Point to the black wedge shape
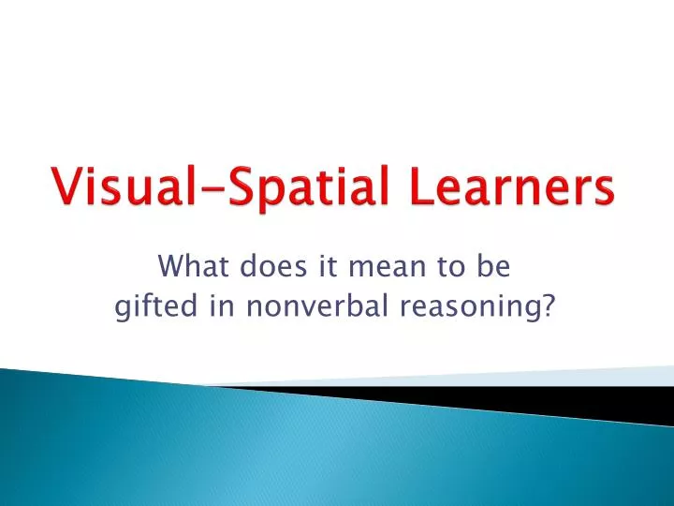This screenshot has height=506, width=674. click(524, 400)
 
